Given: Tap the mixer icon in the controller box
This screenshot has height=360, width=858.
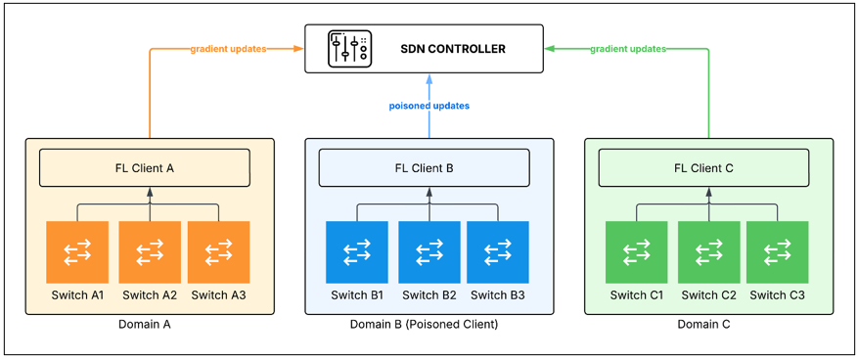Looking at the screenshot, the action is coord(348,49).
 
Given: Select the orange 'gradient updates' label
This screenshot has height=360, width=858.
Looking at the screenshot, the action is coord(228,49).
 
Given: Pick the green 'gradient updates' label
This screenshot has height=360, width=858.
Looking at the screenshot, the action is coord(628,49).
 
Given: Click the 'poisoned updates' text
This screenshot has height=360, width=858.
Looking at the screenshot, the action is coord(429,106).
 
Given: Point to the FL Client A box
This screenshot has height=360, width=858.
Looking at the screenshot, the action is coord(145,167).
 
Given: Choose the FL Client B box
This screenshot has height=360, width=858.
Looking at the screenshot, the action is coord(424,167).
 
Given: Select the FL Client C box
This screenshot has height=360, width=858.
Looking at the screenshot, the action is coord(704,167).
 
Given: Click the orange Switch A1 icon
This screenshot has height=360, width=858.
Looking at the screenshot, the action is coord(77,252).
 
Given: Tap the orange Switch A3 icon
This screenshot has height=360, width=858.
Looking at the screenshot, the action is coord(219,252).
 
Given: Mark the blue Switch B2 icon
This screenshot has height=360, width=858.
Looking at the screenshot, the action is coord(429,252).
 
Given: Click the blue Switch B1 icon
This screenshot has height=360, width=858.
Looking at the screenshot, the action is coord(357,252).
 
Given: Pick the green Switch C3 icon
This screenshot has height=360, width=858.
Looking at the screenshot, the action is coord(778,252).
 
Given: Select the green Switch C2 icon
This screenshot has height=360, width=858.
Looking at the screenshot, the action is coord(709,252).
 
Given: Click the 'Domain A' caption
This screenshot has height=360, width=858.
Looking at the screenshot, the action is coord(145,325).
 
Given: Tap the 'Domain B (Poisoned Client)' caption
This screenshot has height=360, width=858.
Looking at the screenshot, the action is coord(424,325).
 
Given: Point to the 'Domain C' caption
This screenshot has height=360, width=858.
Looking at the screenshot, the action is coord(703,325).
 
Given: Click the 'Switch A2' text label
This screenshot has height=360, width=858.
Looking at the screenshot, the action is coord(150,295).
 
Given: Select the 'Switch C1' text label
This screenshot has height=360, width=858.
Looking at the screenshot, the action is coord(637,295).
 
